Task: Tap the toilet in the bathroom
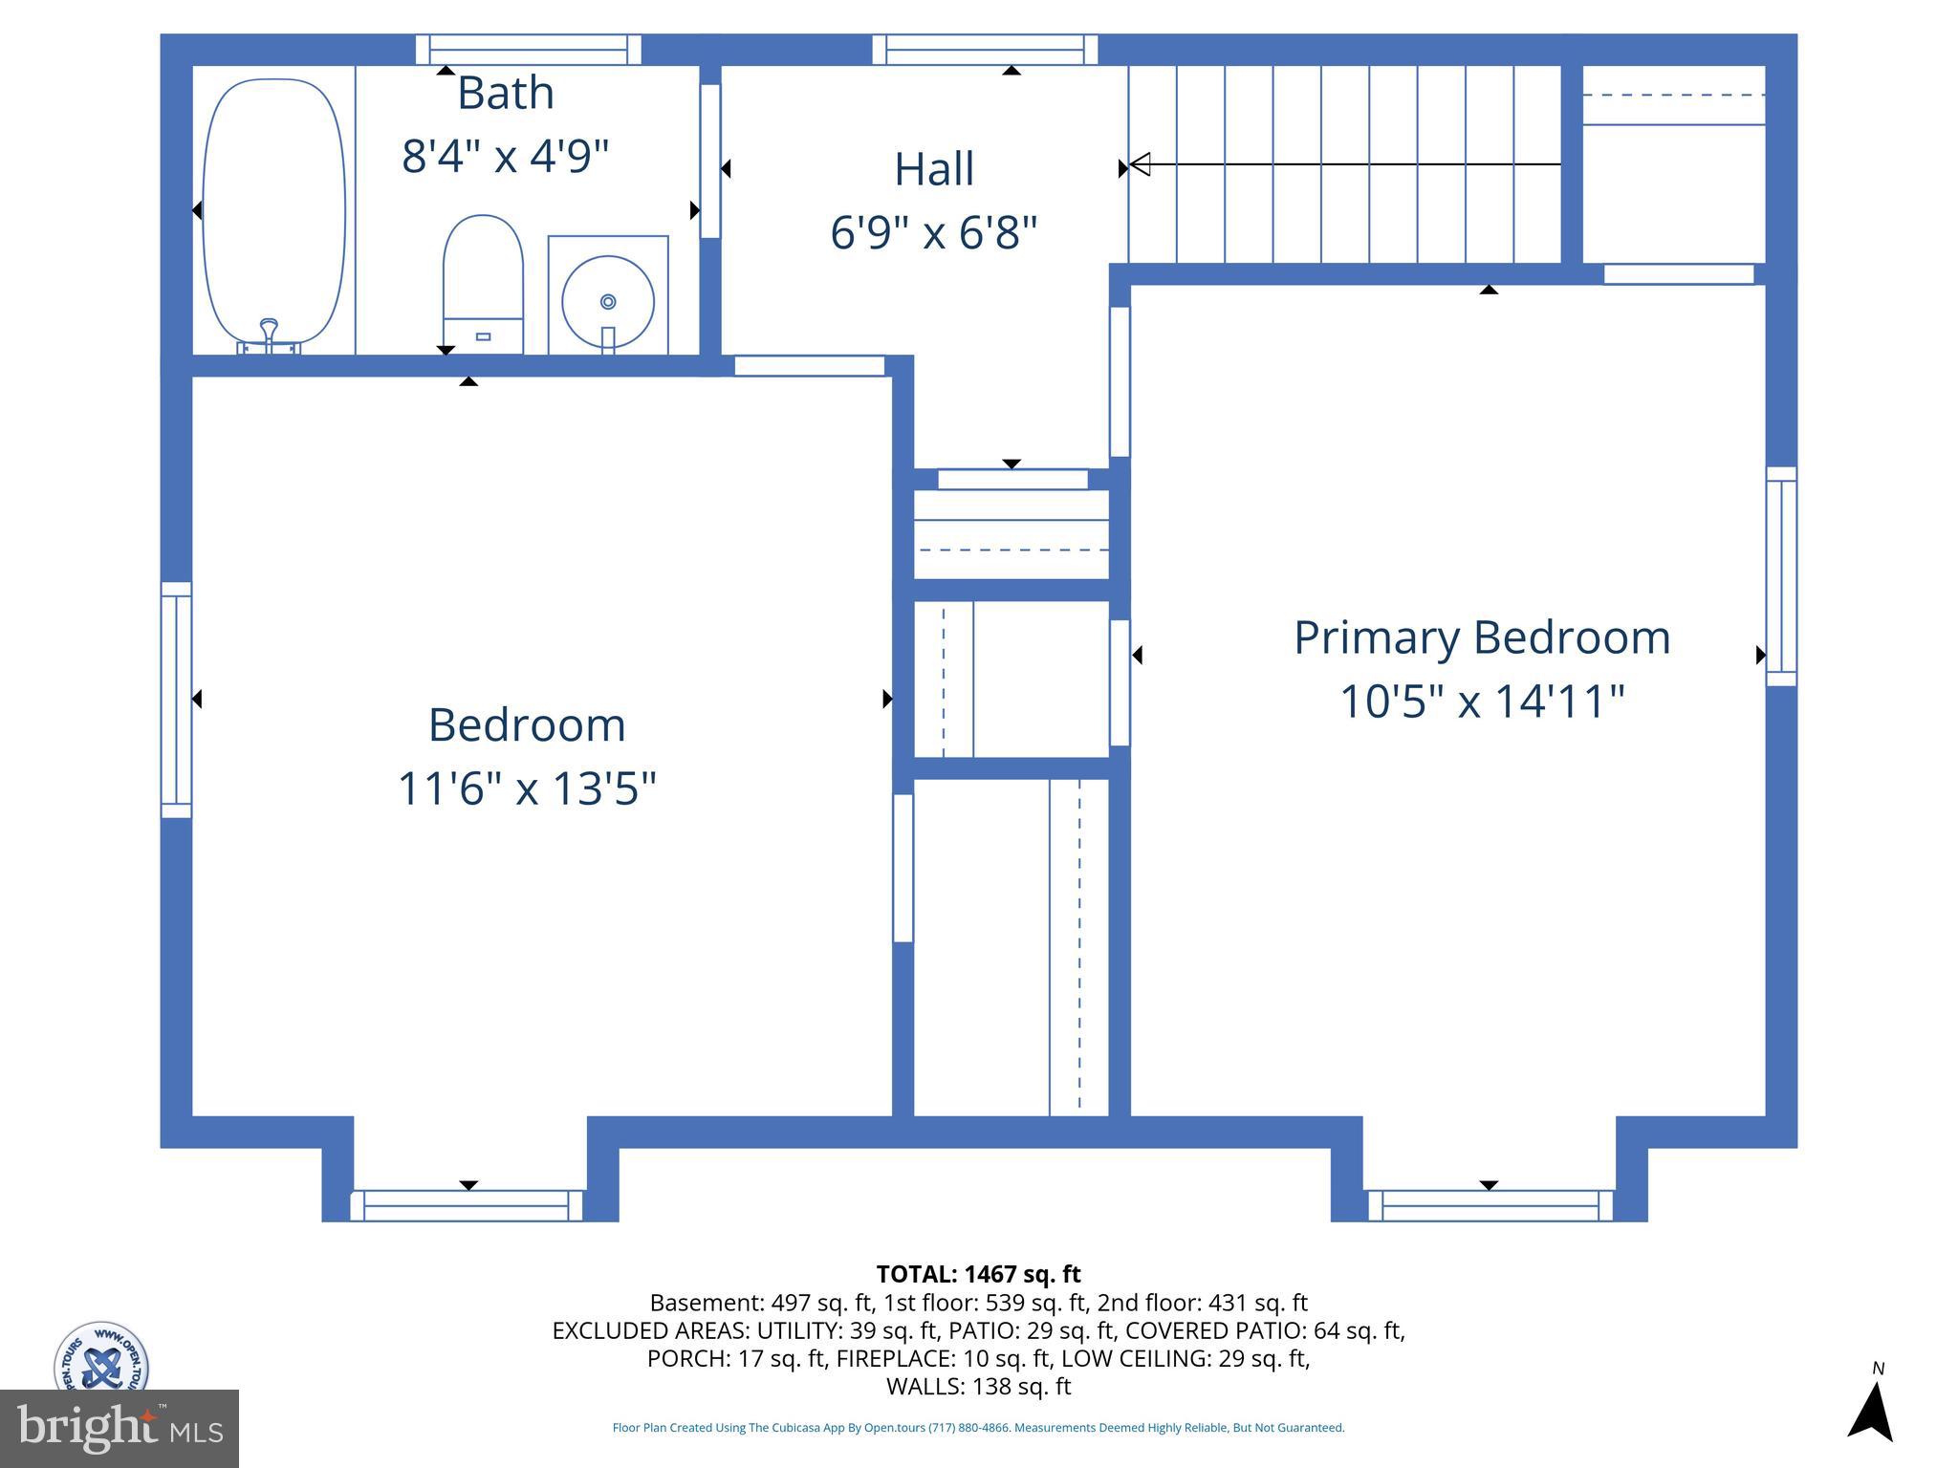coord(483,283)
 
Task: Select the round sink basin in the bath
coord(608,301)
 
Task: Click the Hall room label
coord(934,169)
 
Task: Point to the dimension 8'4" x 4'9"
coord(505,156)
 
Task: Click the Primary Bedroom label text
coord(1481,637)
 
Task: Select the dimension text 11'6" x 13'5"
coord(527,789)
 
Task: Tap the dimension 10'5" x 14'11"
coord(1481,702)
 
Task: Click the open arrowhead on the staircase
coord(1140,164)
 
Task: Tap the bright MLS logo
coord(119,1428)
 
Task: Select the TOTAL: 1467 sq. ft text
coord(978,1274)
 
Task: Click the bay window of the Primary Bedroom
coord(1490,1205)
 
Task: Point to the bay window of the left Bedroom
coord(467,1205)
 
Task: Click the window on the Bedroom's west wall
coord(176,700)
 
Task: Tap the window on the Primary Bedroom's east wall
coord(1781,576)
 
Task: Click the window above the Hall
coord(985,50)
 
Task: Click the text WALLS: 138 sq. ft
coord(978,1386)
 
